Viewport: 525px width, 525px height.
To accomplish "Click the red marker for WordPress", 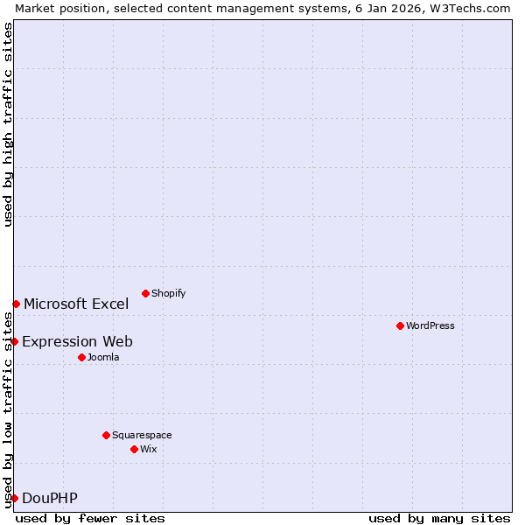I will (400, 325).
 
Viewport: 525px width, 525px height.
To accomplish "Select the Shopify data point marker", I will (145, 293).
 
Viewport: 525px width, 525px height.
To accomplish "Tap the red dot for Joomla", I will (81, 357).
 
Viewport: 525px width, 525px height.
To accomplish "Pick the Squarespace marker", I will (106, 435).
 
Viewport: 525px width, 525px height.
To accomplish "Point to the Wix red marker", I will (134, 449).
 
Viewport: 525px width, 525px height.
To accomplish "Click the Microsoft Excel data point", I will (16, 304).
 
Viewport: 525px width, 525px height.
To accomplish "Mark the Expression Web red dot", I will (14, 341).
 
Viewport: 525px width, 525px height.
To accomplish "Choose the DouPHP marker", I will (14, 498).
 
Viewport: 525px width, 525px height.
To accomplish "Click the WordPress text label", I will (430, 325).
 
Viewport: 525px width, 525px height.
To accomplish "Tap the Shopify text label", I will (168, 293).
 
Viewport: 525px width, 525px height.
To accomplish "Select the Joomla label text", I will (103, 357).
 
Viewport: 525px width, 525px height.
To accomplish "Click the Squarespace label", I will (142, 435).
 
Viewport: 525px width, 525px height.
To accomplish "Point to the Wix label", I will (149, 449).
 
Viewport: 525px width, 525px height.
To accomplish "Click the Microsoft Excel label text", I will (76, 304).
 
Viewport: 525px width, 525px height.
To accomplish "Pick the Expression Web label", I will (77, 341).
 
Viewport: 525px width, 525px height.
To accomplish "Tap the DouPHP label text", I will (49, 498).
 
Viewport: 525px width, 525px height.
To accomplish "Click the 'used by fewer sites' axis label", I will (90, 518).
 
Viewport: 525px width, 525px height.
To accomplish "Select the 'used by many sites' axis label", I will (439, 518).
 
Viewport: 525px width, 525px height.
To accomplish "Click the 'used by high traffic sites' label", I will (8, 124).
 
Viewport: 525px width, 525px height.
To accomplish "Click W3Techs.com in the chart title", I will (470, 8).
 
